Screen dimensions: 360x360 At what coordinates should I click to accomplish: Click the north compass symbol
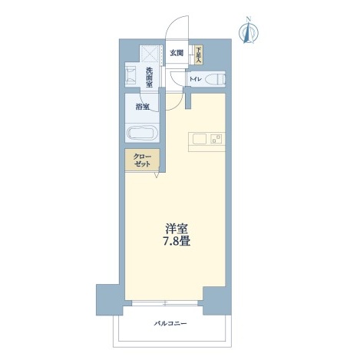coord(249,31)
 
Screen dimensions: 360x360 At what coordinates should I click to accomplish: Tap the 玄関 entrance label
coord(177,53)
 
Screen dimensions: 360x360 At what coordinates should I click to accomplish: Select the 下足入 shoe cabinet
coord(199,54)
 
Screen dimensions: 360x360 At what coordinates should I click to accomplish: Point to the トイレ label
coord(195,79)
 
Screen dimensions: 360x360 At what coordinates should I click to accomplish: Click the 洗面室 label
coord(149,78)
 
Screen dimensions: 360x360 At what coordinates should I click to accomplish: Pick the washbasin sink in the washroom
coord(131,75)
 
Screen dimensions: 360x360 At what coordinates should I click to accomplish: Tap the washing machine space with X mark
coord(150,54)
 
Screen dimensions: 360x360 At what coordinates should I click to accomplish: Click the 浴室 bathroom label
coord(143,107)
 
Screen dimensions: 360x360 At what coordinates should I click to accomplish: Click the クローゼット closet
coord(142,160)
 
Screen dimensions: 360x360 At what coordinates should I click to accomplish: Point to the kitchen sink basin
coord(200,139)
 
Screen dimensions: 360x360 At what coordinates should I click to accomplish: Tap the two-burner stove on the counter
coord(216,139)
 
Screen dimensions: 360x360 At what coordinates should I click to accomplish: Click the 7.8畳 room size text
coord(177,241)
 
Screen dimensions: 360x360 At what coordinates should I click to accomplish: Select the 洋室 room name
coord(177,229)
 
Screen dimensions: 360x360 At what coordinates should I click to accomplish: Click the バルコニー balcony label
coord(170,324)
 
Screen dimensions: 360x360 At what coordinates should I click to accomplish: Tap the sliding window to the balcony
coord(165,303)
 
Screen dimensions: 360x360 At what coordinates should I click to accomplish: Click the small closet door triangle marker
coord(157,174)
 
